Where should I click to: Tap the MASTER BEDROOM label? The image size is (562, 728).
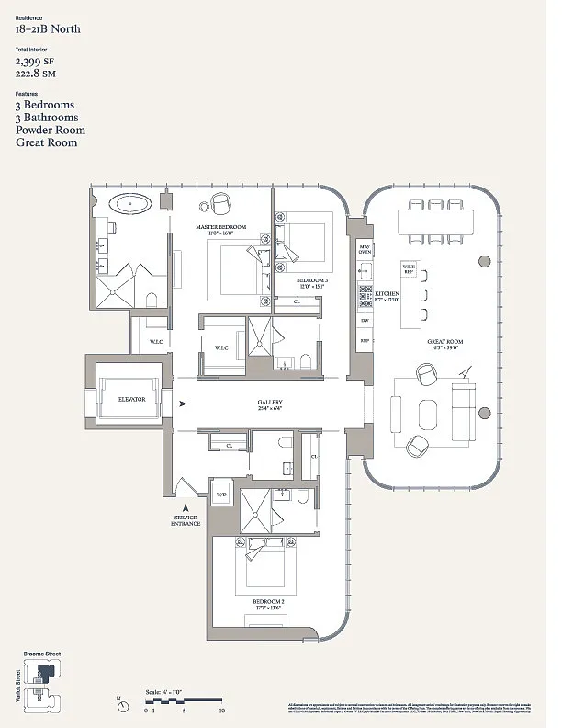click(221, 226)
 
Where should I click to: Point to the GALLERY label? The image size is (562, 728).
click(269, 403)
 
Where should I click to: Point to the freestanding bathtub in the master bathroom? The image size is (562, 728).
click(134, 203)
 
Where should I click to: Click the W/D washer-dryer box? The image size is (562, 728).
click(221, 495)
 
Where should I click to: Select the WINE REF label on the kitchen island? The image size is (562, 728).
click(409, 268)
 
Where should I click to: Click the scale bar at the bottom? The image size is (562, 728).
click(185, 703)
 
